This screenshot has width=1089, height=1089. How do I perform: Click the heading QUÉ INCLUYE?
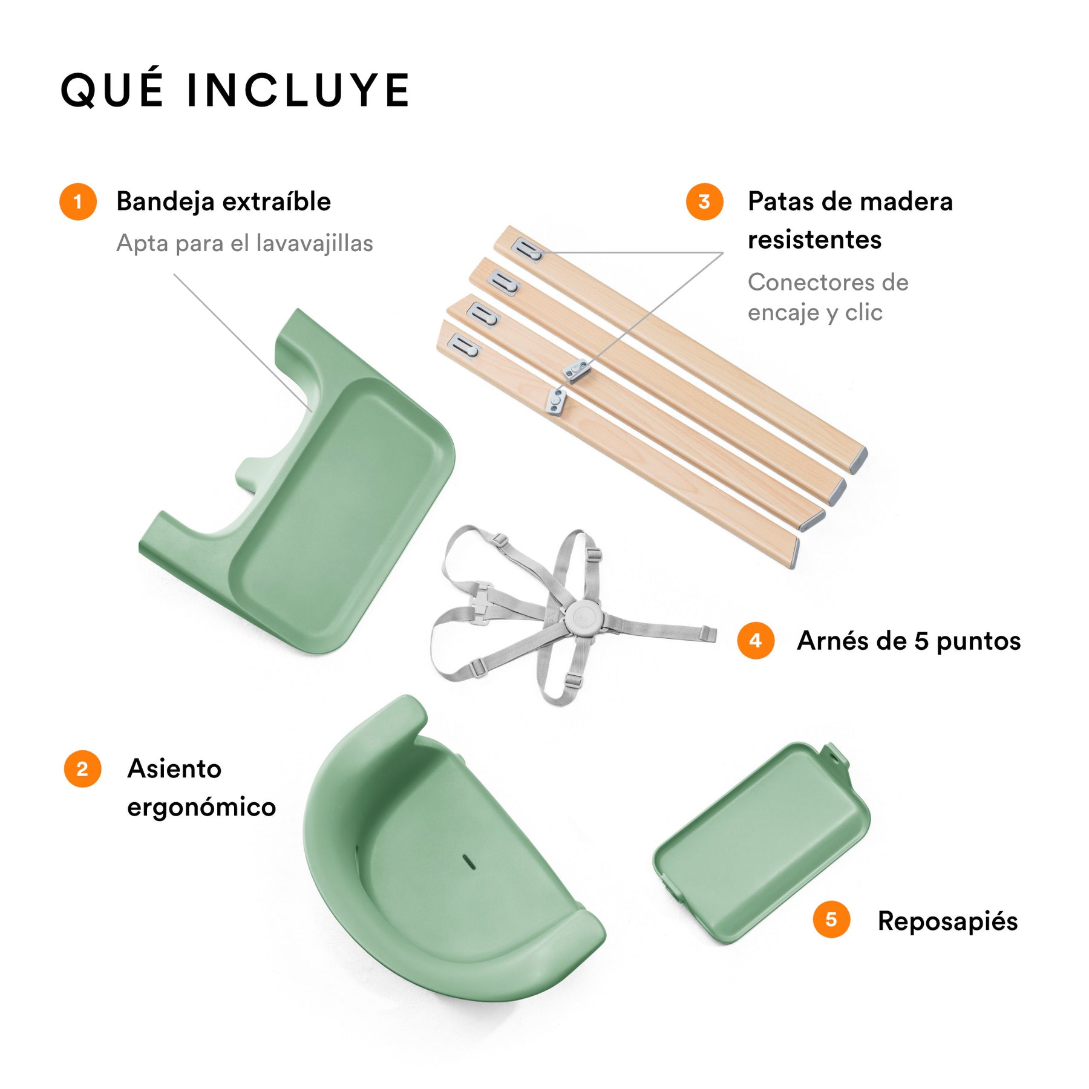point(235,90)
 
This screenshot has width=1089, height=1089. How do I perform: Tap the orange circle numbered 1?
point(78,201)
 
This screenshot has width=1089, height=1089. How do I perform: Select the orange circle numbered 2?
point(82,769)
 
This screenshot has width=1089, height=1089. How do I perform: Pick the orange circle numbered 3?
point(704,201)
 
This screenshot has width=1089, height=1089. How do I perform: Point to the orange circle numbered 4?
point(756,641)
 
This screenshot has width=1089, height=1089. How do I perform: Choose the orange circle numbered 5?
point(831,920)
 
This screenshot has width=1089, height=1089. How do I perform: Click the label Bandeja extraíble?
point(223,201)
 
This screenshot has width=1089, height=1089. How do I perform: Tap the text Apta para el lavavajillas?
point(244,243)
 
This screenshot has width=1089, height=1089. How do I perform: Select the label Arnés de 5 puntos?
point(909,641)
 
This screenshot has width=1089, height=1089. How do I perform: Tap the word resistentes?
point(814,240)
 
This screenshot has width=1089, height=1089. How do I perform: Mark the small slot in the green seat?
point(469,862)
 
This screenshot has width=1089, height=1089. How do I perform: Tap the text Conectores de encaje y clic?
point(828,297)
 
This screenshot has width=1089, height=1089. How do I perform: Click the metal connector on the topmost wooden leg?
point(528,250)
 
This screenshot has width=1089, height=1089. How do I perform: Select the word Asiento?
point(174,769)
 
